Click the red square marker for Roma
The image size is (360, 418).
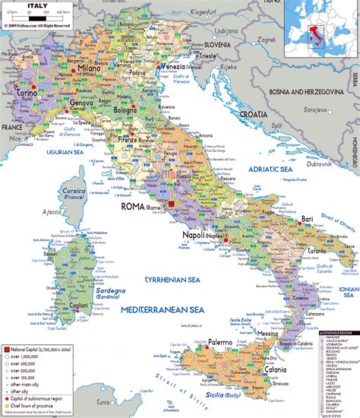(172, 204)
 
